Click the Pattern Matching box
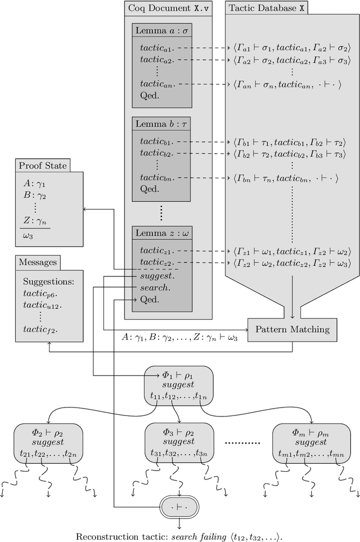292,329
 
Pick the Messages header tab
38,262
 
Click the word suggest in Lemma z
157,276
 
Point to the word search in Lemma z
155,288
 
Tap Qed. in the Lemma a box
150,96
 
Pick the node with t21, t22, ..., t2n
48,444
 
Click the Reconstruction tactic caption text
179,536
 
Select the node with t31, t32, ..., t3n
179,444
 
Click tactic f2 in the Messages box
40,329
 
